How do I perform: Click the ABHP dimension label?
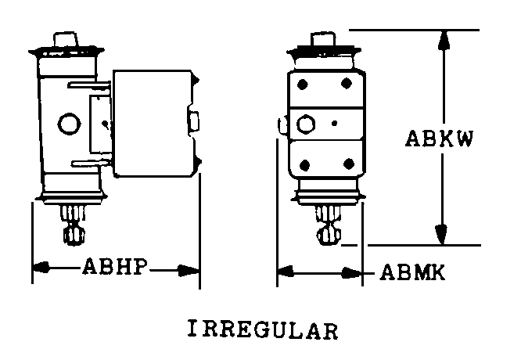(x=115, y=266)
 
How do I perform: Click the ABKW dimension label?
(x=440, y=139)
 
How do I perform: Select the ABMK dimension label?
(x=412, y=272)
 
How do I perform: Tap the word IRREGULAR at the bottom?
(x=263, y=329)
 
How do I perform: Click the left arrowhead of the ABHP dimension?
(x=41, y=267)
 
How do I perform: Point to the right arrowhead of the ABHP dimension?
(x=189, y=271)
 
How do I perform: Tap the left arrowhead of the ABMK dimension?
(x=286, y=271)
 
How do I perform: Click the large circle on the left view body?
(x=69, y=124)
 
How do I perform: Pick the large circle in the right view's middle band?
(x=305, y=124)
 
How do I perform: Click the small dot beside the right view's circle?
(x=335, y=124)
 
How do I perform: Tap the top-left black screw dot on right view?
(x=302, y=84)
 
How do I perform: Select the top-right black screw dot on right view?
(x=347, y=83)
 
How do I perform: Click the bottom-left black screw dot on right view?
(x=304, y=165)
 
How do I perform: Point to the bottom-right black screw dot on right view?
(x=349, y=164)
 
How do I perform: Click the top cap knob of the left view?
(x=66, y=40)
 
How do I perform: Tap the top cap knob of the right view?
(x=323, y=40)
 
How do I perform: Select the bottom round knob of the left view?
(x=74, y=235)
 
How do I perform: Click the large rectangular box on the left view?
(x=153, y=124)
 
